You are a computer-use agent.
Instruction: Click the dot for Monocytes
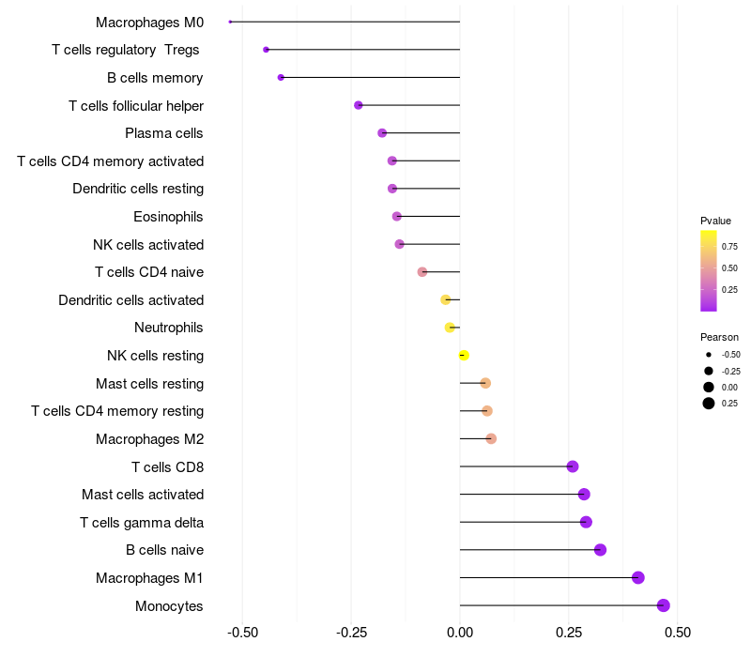pos(664,605)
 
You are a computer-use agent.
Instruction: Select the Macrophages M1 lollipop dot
pos(638,577)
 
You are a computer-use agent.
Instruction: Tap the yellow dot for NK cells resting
pos(464,356)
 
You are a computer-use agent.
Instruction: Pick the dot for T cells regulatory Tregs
pos(266,50)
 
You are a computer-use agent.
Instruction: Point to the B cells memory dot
pos(281,77)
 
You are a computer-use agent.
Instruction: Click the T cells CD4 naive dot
pos(422,272)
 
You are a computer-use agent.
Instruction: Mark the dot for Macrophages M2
pos(491,438)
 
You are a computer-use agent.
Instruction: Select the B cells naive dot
pos(601,550)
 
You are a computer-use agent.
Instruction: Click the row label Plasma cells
pos(164,133)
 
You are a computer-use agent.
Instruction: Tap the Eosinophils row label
pos(168,217)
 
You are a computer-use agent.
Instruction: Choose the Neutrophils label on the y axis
pos(169,328)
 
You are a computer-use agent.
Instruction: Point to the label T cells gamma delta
pos(142,522)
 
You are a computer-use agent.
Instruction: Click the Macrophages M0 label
pos(149,22)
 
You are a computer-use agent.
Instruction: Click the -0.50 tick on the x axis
pos(243,632)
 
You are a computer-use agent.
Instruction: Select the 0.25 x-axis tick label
pos(568,632)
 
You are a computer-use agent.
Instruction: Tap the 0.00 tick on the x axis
pos(460,632)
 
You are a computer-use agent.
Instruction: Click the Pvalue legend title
pos(715,221)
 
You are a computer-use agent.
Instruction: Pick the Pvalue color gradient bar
pos(709,270)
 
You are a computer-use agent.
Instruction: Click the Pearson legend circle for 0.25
pos(709,404)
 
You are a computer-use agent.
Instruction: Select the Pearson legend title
pos(719,337)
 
